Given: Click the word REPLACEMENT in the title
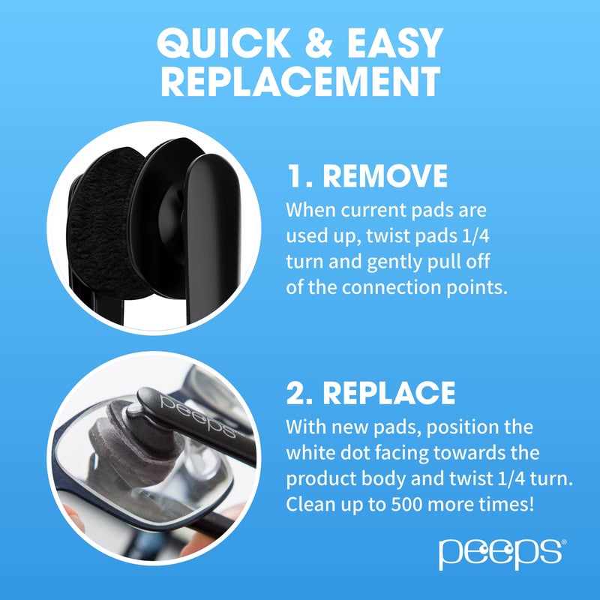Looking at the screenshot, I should [x=300, y=81].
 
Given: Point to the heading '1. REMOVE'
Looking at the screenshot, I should [x=367, y=177].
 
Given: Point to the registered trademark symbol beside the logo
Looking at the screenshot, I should [x=563, y=541].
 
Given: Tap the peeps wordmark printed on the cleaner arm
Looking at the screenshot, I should [x=196, y=417].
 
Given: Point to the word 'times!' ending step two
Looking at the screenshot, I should [x=506, y=505].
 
